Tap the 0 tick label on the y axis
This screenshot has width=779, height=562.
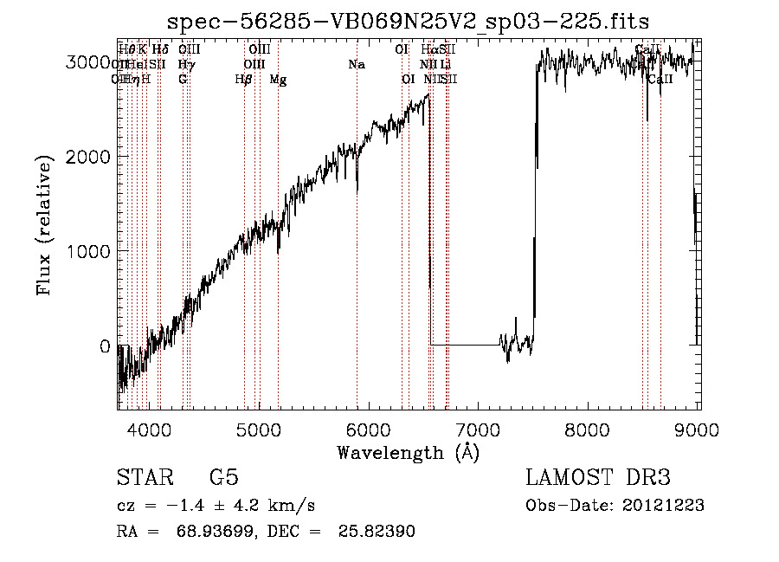point(105,346)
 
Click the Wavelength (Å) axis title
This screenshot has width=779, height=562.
point(408,453)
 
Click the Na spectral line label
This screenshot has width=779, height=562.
point(356,64)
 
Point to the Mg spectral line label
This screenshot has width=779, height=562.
point(278,80)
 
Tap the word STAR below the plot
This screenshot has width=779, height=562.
point(143,478)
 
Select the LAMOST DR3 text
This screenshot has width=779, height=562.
point(598,478)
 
